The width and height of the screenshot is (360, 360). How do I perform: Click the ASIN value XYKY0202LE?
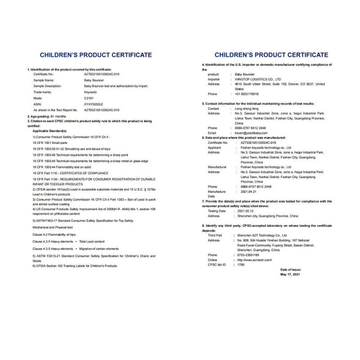pos(94,103)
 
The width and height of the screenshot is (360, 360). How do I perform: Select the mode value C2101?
pos(89,98)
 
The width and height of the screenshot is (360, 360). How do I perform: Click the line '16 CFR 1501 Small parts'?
pos(50,142)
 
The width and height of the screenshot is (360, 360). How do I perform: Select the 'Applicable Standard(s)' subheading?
pos(50,130)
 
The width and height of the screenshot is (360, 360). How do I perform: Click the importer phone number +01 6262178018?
pos(247,94)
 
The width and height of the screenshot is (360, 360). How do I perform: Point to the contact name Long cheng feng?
pos(247,108)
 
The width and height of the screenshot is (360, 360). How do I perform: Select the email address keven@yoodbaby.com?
pos(252,133)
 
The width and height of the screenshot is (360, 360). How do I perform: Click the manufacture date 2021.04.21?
pos(245,192)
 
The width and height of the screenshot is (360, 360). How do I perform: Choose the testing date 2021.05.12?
pos(244,211)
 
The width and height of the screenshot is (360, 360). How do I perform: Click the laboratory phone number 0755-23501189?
pos(247,255)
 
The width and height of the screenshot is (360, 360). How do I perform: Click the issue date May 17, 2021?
pos(290,274)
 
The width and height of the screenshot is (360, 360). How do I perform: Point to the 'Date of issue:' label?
pos(290,270)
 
